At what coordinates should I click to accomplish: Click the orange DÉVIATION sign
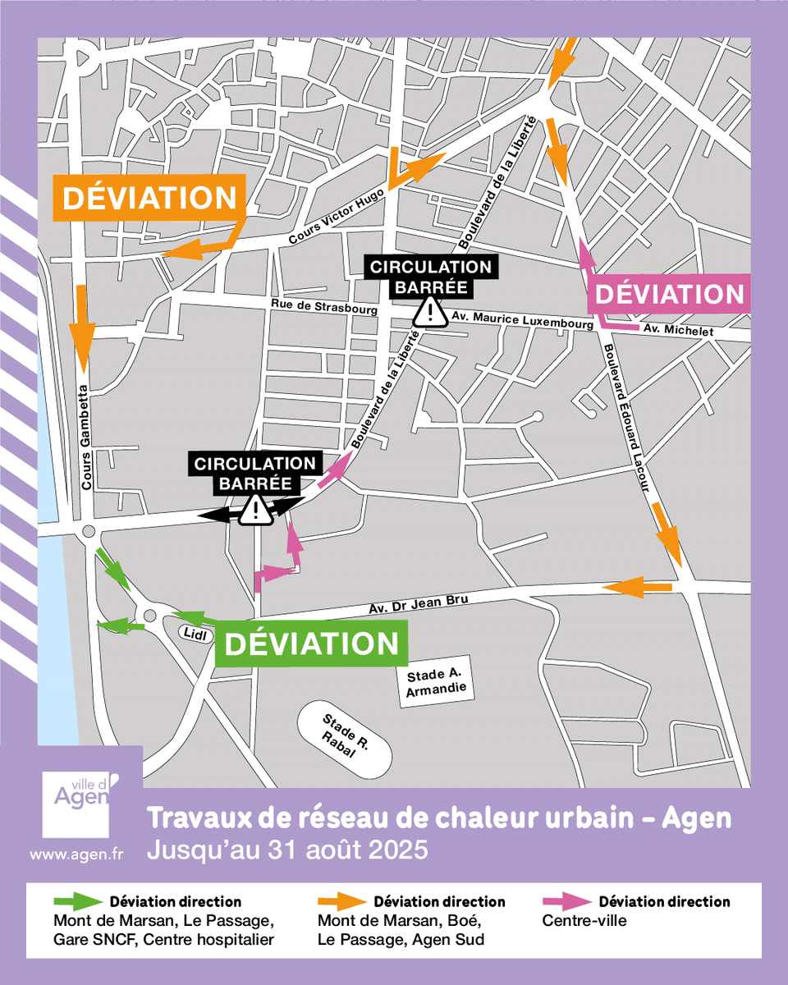[149, 198]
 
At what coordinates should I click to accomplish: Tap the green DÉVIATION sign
[311, 644]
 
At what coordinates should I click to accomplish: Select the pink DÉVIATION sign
[670, 294]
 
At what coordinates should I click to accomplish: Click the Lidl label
[194, 633]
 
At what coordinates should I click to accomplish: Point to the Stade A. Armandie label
[440, 684]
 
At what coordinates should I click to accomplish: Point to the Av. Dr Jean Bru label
[418, 604]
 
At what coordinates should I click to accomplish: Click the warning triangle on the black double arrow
[257, 511]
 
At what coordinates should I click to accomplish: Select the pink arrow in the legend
[566, 901]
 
